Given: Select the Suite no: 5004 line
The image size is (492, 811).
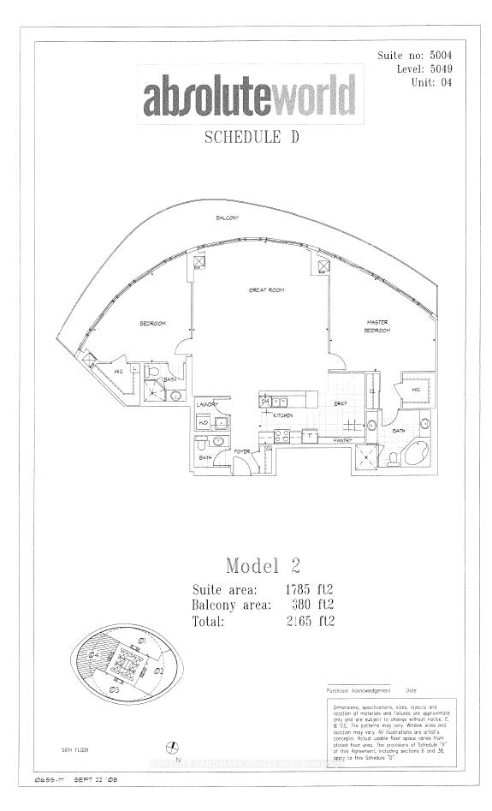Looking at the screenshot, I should pos(416,56).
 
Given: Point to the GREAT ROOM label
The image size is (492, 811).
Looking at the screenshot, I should pos(266,290).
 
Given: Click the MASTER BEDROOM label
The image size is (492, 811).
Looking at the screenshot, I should pos(376,326).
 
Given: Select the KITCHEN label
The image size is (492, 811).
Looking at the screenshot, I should pos(283,415).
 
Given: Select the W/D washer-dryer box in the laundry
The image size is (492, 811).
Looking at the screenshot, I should pos(204,422).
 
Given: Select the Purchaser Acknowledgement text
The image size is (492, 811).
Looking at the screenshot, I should pos(359,689).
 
